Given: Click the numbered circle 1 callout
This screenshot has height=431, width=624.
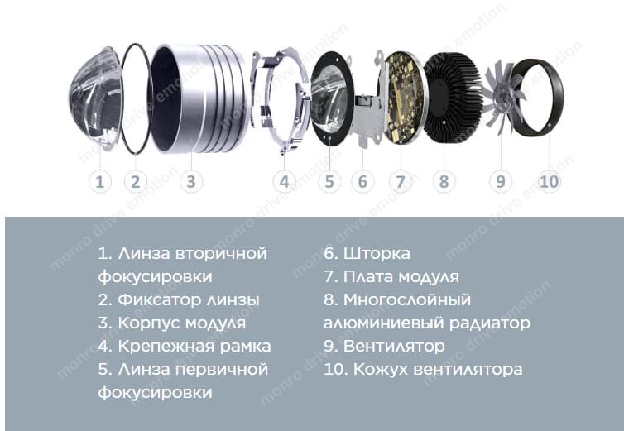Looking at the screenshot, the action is tap(99, 181).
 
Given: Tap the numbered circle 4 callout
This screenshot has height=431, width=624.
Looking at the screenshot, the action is tap(284, 181).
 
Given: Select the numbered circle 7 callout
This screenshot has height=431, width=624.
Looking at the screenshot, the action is tap(401, 181).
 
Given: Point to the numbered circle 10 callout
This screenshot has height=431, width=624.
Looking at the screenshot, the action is tap(550, 181).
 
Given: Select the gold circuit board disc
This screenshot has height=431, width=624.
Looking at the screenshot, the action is tap(402, 98).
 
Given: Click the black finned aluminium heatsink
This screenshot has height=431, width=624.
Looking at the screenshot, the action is tap(449, 98).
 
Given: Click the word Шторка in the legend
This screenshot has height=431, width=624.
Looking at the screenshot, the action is tap(377, 253).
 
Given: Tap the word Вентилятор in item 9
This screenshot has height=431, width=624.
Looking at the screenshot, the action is tap(394, 347).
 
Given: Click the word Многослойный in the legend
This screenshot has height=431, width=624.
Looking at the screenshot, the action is tap(407, 300).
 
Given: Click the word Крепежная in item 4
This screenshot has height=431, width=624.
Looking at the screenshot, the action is tap(166, 347).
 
